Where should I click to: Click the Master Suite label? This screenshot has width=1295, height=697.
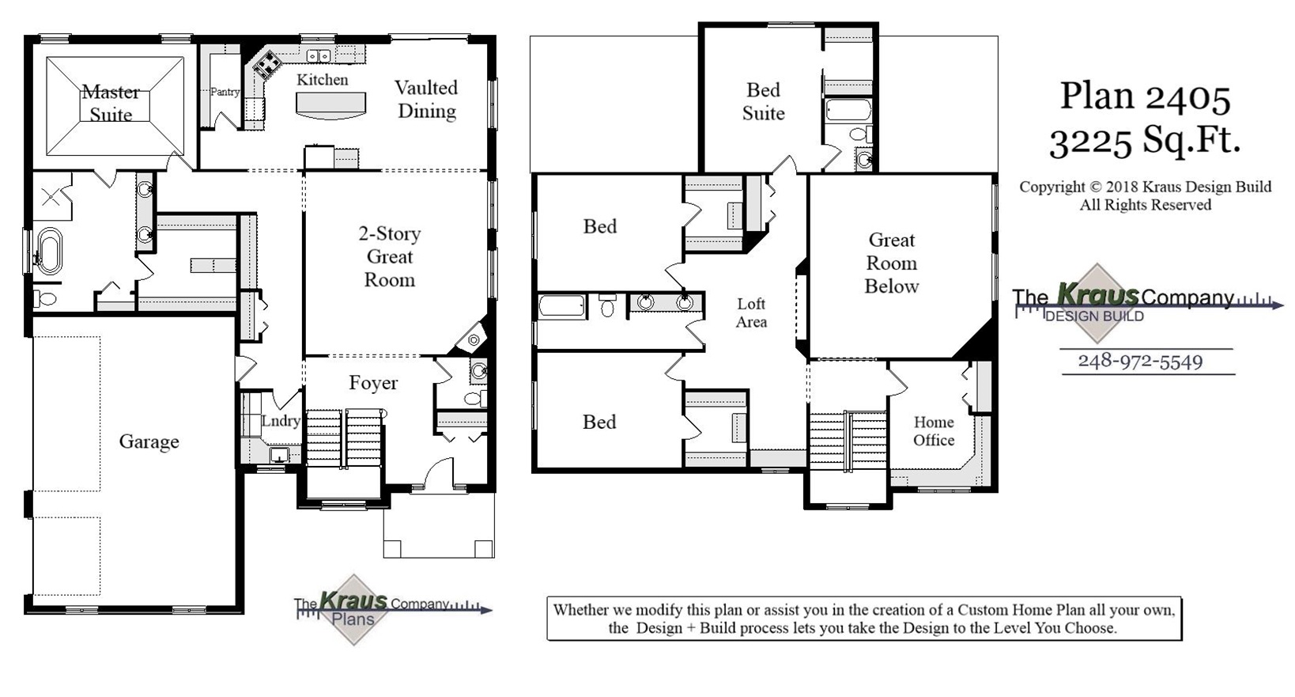[x=111, y=104]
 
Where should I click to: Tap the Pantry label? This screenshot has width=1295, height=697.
[x=225, y=92]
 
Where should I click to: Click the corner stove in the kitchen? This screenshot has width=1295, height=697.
[x=266, y=63]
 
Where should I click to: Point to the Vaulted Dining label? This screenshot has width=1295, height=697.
[x=426, y=99]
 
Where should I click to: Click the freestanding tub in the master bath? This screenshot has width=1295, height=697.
[x=49, y=250]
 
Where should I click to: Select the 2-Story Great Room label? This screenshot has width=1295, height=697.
[x=389, y=256]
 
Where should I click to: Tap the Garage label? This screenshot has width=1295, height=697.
[x=149, y=441]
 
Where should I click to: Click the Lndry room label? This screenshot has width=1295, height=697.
[x=281, y=421]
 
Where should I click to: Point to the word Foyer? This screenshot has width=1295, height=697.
[x=373, y=383]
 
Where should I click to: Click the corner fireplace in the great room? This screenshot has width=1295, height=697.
[x=474, y=339]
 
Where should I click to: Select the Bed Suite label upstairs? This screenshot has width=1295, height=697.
[x=763, y=101]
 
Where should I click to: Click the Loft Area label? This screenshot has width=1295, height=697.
[x=751, y=313]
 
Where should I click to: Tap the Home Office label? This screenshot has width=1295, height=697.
[x=934, y=431]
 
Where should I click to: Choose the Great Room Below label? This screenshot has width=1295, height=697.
[x=892, y=263]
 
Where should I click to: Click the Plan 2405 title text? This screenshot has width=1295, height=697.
[x=1145, y=97]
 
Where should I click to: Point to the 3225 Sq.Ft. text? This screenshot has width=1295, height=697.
[x=1145, y=141]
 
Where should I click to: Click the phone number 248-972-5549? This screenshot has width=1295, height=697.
[x=1140, y=362]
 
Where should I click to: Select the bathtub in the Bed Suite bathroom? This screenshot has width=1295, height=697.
[x=848, y=109]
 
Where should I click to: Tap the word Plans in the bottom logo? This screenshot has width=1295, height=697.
[x=353, y=619]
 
